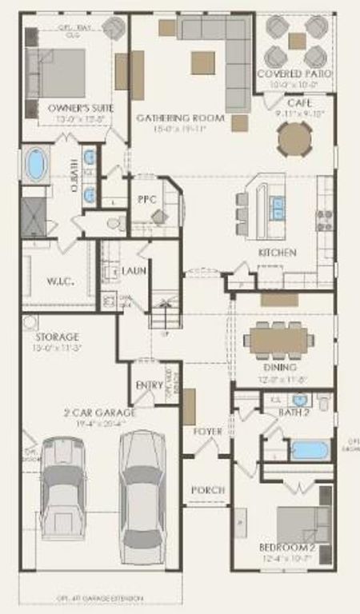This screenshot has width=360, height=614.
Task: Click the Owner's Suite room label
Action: tap(69, 107)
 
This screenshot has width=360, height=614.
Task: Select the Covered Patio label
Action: tap(295, 74)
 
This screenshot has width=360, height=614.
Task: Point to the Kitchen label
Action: tap(277, 253)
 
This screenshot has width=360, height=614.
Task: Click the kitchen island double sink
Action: tap(277, 208)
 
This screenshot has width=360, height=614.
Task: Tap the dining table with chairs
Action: tap(276, 340)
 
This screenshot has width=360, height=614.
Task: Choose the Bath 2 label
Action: tap(294, 413)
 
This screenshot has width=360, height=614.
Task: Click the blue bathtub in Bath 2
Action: tap(310, 449)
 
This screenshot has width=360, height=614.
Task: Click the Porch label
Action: tap(206, 489)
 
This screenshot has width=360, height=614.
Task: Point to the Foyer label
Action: tap(207, 432)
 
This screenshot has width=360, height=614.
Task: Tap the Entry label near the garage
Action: tap(149, 385)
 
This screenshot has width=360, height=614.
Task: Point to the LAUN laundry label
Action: tap(133, 271)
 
